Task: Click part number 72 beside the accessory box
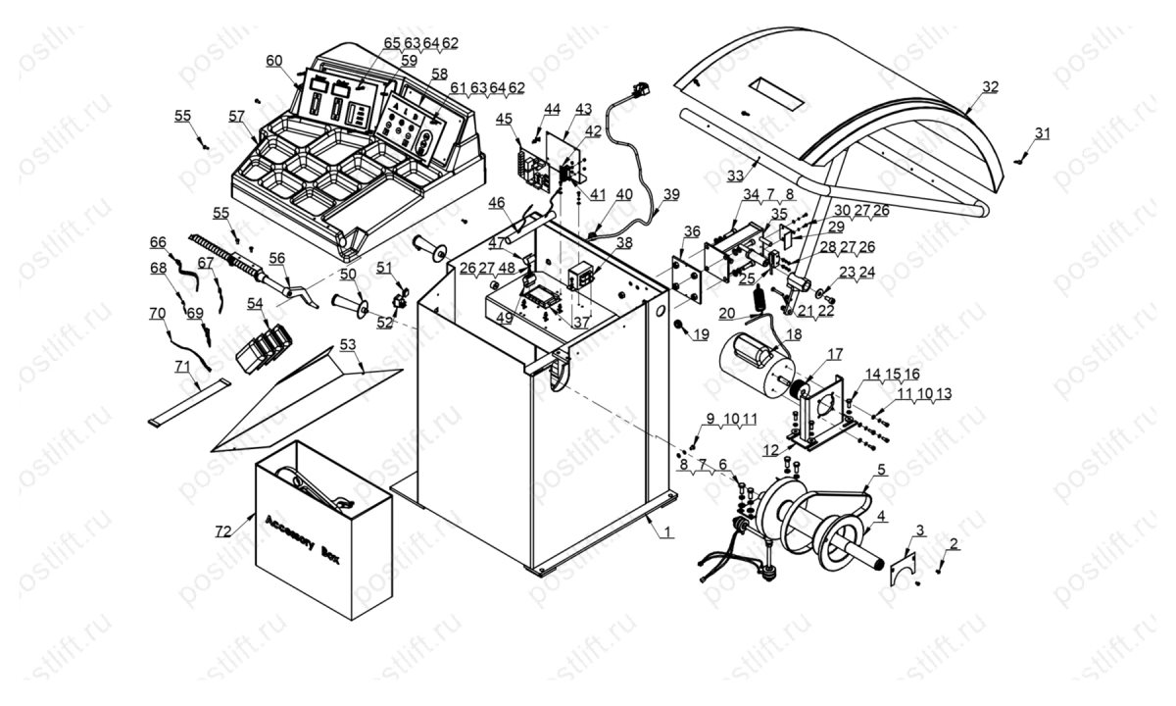pos(223,530)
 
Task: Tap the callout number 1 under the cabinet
pos(667,532)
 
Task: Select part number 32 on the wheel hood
pos(991,86)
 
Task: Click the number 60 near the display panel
pos(273,61)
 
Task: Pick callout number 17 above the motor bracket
pos(835,354)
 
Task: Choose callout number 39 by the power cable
pos(669,194)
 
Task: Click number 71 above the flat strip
pos(181,365)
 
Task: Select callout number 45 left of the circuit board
pos(504,120)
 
